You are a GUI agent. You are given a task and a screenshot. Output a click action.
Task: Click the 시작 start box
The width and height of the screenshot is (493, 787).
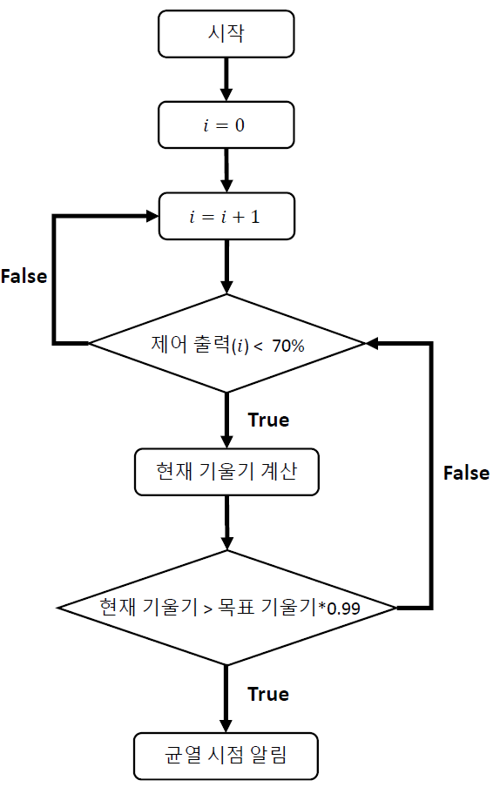(226, 34)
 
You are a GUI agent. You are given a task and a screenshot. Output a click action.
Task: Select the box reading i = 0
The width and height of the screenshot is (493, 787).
(226, 125)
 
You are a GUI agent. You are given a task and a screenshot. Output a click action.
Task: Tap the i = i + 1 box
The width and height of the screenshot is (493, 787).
(226, 216)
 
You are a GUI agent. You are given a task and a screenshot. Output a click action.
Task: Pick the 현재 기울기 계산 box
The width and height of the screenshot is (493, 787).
(226, 472)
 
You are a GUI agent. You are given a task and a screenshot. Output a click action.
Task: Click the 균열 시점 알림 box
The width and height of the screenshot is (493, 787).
(226, 756)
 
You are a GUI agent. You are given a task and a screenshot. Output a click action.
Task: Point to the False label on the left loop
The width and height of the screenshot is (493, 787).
(24, 276)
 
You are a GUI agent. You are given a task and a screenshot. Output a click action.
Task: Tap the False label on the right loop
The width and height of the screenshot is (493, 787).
(466, 473)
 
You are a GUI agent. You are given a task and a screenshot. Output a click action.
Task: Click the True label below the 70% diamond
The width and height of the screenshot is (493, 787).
(268, 420)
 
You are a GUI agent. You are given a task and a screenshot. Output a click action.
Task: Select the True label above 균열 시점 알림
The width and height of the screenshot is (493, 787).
(268, 694)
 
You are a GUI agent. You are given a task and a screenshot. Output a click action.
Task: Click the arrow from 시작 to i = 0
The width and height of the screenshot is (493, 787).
(226, 79)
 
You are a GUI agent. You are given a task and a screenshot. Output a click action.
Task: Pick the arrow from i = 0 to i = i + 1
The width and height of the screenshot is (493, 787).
(226, 171)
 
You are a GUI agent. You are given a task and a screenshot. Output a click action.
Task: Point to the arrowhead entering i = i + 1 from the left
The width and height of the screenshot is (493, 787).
(152, 216)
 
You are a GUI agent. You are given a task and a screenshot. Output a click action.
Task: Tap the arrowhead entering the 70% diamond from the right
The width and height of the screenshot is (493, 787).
(372, 343)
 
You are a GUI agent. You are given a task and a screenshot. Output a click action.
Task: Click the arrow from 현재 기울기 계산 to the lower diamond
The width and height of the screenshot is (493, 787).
(227, 523)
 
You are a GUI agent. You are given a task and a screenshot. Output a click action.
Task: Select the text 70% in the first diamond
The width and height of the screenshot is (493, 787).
(288, 346)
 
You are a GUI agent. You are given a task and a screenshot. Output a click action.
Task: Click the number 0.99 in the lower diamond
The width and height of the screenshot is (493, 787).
(343, 609)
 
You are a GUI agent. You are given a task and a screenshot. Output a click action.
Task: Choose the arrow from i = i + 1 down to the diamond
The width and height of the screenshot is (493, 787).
(227, 266)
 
